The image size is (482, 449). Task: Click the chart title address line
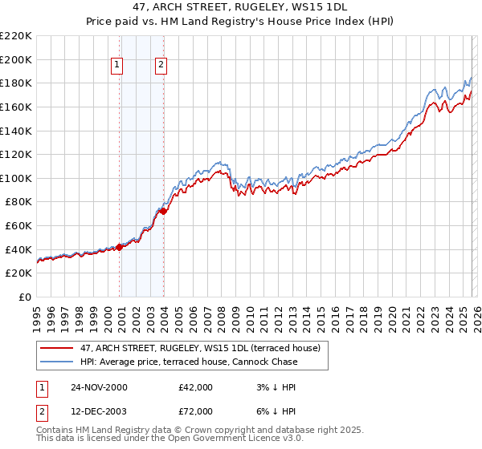pyautogui.click(x=240, y=7)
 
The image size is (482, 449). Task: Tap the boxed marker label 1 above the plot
pyautogui.click(x=117, y=65)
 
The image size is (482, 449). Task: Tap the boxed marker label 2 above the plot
pyautogui.click(x=161, y=65)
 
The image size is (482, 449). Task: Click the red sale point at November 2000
pyautogui.click(x=120, y=247)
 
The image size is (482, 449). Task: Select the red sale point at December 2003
pyautogui.click(x=163, y=212)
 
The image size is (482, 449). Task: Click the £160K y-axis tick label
pyautogui.click(x=16, y=107)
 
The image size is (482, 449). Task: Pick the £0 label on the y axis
pyautogui.click(x=24, y=297)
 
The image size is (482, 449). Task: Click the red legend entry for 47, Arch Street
pyautogui.click(x=200, y=348)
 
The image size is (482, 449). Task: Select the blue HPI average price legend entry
pyautogui.click(x=188, y=362)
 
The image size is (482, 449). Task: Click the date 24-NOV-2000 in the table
pyautogui.click(x=99, y=387)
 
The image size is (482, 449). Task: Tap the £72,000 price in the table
pyautogui.click(x=196, y=411)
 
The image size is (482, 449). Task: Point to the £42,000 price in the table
pyautogui.click(x=196, y=387)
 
